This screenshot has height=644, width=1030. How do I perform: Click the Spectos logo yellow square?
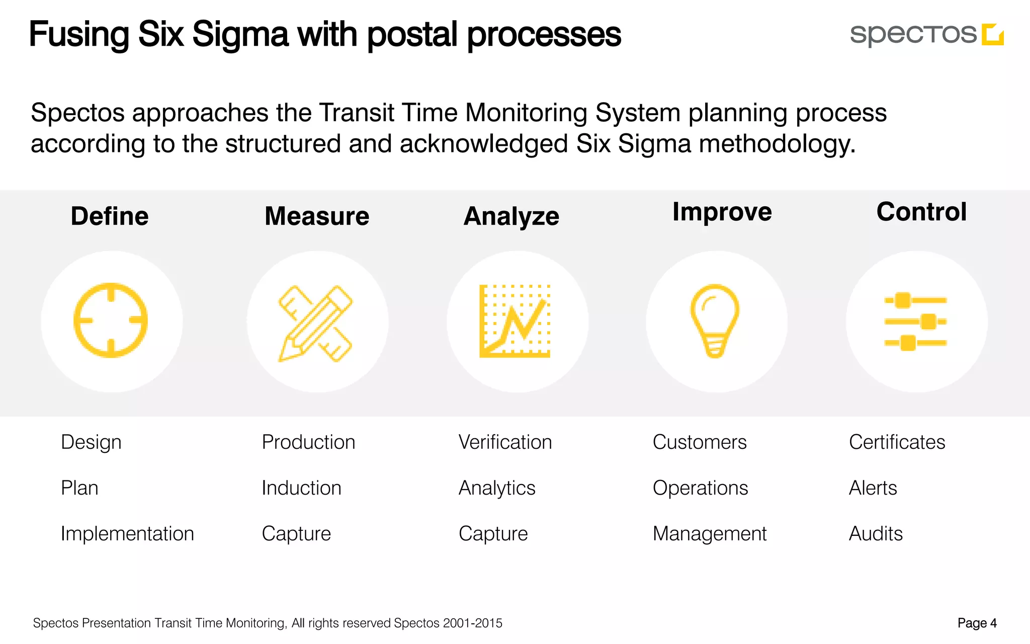993,34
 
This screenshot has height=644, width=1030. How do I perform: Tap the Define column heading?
110,216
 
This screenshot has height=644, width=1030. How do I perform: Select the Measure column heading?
317,216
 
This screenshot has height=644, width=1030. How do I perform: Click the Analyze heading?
511,217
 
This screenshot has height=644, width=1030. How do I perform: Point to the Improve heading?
722,212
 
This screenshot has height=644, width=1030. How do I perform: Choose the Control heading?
921,212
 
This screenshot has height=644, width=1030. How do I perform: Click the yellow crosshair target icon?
111,320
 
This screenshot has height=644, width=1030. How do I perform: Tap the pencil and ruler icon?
316,323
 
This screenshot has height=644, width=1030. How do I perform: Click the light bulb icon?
715,320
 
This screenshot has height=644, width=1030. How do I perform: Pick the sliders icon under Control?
915,321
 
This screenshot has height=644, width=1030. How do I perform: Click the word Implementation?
127,533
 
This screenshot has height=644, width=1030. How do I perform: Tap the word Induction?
301,488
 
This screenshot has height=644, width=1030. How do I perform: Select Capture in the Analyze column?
493,534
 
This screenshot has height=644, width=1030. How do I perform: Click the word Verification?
505,442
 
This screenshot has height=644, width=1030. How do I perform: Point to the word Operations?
700,488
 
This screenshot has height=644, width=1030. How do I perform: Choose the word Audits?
876,533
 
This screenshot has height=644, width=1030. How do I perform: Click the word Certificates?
897,442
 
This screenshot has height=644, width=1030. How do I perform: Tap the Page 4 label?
977,623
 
